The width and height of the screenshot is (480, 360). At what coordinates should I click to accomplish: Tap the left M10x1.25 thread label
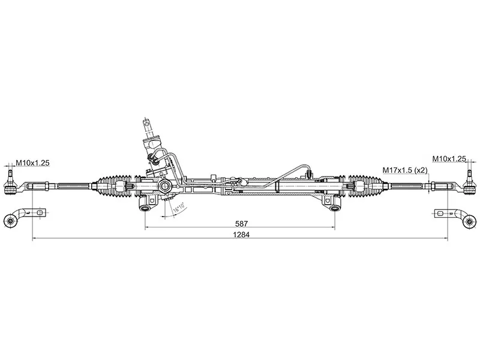pos(32,163)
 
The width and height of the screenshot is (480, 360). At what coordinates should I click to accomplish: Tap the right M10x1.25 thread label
pos(449,158)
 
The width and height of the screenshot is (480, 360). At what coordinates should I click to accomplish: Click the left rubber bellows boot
pos(114,185)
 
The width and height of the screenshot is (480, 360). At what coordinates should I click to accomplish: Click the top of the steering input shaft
pos(148,122)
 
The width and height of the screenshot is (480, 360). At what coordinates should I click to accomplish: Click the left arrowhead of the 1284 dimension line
pos(33,239)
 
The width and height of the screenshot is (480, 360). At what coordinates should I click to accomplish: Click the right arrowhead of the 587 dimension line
pos(333,228)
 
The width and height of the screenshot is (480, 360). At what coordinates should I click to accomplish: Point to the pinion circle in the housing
pos(162,187)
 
